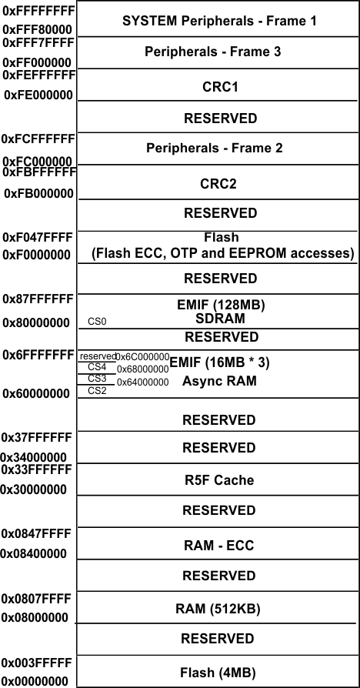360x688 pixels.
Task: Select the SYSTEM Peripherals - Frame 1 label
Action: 219,21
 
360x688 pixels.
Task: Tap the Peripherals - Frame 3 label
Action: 213,52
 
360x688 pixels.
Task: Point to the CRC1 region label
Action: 219,87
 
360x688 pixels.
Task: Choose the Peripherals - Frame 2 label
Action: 214,148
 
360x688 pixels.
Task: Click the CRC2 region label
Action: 219,183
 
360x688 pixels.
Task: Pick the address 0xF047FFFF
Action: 38,238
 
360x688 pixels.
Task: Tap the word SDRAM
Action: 220,319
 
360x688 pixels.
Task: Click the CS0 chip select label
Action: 97,322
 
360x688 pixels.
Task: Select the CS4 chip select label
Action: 97,367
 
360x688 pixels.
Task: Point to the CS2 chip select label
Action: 97,390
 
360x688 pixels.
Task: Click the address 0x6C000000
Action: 142,356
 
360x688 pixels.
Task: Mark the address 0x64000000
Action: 142,382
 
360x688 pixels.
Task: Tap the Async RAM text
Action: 219,381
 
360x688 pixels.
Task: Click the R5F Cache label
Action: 219,480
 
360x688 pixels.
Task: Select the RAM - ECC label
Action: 219,546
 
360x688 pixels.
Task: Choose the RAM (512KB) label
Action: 219,609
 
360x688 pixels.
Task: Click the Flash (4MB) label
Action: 219,673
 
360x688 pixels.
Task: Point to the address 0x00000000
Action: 35,680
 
